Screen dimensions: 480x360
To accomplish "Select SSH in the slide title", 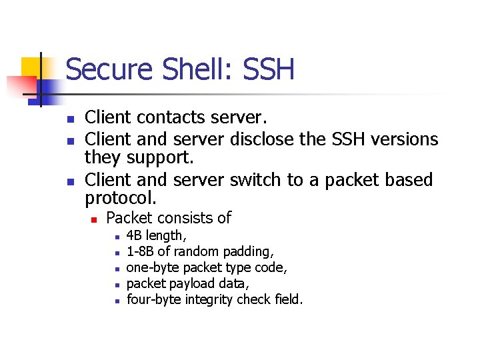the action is pyautogui.click(x=268, y=69).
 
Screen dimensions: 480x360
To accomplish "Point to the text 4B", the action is pyautogui.click(x=135, y=235).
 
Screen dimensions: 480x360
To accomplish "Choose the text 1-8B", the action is pyautogui.click(x=140, y=251).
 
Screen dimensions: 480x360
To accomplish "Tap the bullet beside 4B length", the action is pyautogui.click(x=116, y=237).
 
